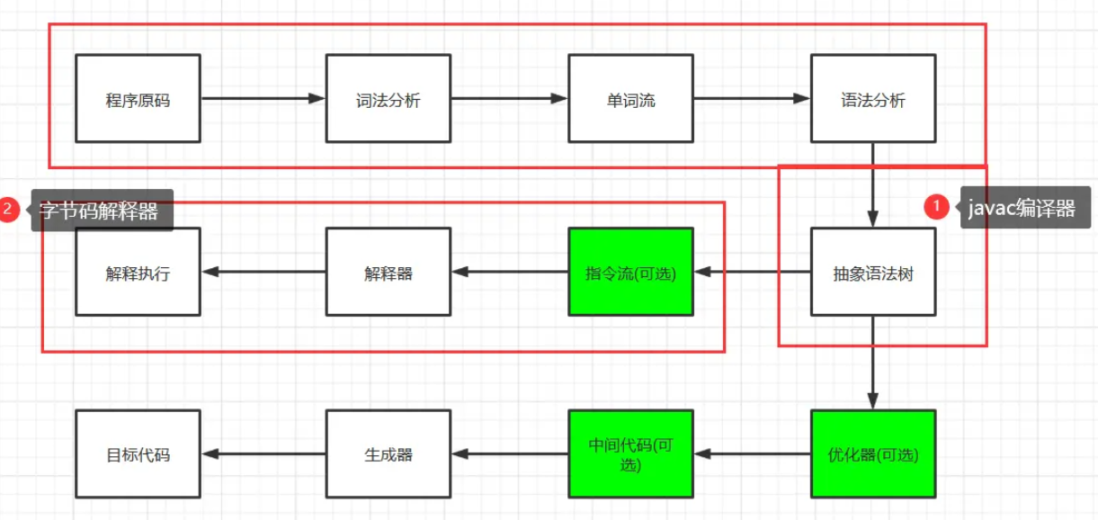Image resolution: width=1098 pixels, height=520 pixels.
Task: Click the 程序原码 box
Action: point(138,98)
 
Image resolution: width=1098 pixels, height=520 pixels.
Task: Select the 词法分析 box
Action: point(388,98)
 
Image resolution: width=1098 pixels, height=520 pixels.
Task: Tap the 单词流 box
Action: point(631,98)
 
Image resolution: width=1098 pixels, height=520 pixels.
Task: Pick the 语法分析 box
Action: point(873,98)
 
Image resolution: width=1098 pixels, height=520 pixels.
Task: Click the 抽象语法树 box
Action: point(873,272)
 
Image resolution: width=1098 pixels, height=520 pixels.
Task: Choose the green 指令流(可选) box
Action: point(631,272)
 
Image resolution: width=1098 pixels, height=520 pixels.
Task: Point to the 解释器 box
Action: point(388,272)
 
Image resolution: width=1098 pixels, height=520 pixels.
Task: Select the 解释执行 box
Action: point(138,272)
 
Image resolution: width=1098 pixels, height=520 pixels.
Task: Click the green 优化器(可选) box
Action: point(873,453)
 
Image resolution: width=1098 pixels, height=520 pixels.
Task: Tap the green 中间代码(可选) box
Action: point(631,453)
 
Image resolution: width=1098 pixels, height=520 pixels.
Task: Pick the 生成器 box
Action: point(388,453)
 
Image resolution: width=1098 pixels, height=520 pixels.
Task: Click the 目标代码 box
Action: point(138,453)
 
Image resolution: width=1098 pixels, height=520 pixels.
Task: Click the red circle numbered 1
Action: point(936,207)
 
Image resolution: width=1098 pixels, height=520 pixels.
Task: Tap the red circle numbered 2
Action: point(8,210)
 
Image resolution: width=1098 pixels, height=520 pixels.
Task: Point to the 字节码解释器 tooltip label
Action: point(101,210)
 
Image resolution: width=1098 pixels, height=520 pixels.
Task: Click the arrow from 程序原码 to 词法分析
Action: point(263,98)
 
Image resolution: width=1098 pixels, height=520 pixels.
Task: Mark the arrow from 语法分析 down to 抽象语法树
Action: point(873,185)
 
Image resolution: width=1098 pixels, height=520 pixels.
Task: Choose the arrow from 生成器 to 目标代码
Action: point(263,453)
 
